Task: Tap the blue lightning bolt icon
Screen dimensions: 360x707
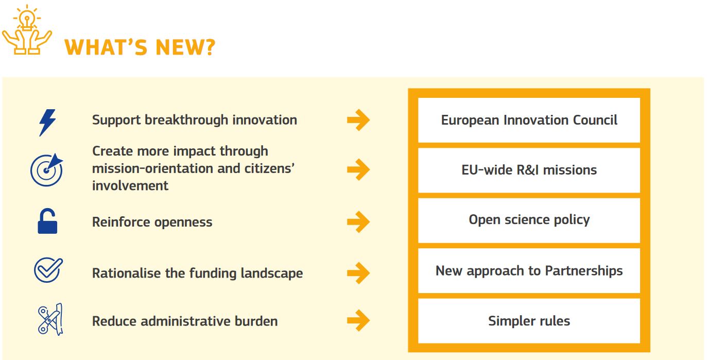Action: [48, 123]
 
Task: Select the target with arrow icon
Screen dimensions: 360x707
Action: [47, 170]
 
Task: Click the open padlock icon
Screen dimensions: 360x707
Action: [47, 222]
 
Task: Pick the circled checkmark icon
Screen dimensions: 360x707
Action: [48, 270]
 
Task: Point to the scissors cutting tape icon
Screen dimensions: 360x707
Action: [49, 319]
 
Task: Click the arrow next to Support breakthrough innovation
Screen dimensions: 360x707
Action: [358, 121]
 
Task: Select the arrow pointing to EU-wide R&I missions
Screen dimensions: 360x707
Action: [358, 169]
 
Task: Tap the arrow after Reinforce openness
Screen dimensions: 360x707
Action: [358, 222]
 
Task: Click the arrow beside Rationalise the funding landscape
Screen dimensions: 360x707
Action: [358, 272]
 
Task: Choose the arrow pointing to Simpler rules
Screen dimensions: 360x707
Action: [358, 321]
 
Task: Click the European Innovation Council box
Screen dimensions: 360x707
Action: [529, 121]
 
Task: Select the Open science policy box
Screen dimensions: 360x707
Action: [529, 220]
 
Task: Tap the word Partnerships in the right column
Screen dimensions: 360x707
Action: [584, 271]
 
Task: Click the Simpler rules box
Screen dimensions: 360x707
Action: [529, 321]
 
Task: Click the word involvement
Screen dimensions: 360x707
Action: [130, 185]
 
